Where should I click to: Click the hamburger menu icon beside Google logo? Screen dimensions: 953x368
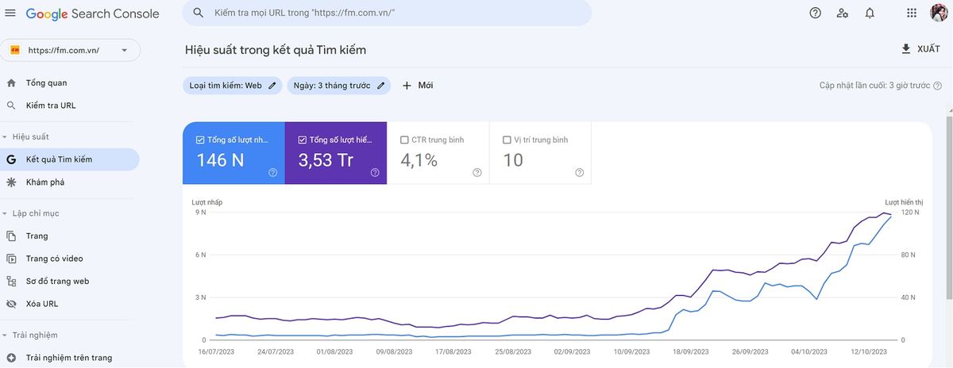[10, 13]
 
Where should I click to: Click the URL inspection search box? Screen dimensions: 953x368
[387, 13]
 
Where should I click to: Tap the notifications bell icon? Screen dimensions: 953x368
[870, 13]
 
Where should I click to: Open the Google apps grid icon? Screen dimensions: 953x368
[912, 13]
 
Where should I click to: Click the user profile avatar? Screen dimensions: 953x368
[939, 13]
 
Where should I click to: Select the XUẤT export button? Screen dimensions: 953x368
[921, 49]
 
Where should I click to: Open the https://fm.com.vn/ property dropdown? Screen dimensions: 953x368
[70, 50]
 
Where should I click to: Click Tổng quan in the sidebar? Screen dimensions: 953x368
[46, 82]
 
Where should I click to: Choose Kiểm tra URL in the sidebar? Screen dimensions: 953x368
[51, 105]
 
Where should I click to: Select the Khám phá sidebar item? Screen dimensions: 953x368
[45, 182]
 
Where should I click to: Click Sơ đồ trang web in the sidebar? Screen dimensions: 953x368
[57, 282]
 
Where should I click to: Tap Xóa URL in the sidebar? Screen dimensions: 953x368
[41, 304]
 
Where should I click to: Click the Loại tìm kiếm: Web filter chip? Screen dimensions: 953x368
[232, 86]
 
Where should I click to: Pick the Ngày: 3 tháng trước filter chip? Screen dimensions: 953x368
[338, 86]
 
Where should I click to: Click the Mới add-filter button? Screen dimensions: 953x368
[418, 86]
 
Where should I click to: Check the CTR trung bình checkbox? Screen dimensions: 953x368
[404, 140]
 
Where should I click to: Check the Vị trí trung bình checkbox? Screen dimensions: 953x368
[507, 140]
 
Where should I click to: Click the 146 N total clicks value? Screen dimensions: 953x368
[221, 160]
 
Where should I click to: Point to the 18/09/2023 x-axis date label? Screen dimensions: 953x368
[690, 352]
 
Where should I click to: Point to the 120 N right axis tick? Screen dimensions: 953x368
[909, 212]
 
